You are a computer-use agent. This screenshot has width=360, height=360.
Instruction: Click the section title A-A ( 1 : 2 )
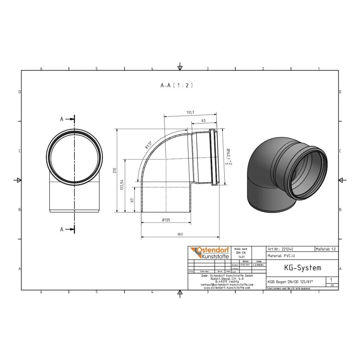177,86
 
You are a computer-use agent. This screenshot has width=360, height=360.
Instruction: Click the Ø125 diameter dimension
166,220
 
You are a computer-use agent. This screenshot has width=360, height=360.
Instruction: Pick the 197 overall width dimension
180,235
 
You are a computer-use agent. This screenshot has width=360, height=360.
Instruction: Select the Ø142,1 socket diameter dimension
227,157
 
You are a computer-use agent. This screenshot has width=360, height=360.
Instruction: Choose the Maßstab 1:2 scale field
326,249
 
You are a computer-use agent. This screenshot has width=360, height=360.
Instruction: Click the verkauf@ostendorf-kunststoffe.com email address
226,284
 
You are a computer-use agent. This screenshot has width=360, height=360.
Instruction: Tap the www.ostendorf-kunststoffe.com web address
226,288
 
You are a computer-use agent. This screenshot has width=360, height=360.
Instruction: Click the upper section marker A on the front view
62,120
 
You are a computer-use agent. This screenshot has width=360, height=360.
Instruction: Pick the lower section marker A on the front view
62,229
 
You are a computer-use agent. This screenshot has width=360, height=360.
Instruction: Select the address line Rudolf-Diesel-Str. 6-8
226,278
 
